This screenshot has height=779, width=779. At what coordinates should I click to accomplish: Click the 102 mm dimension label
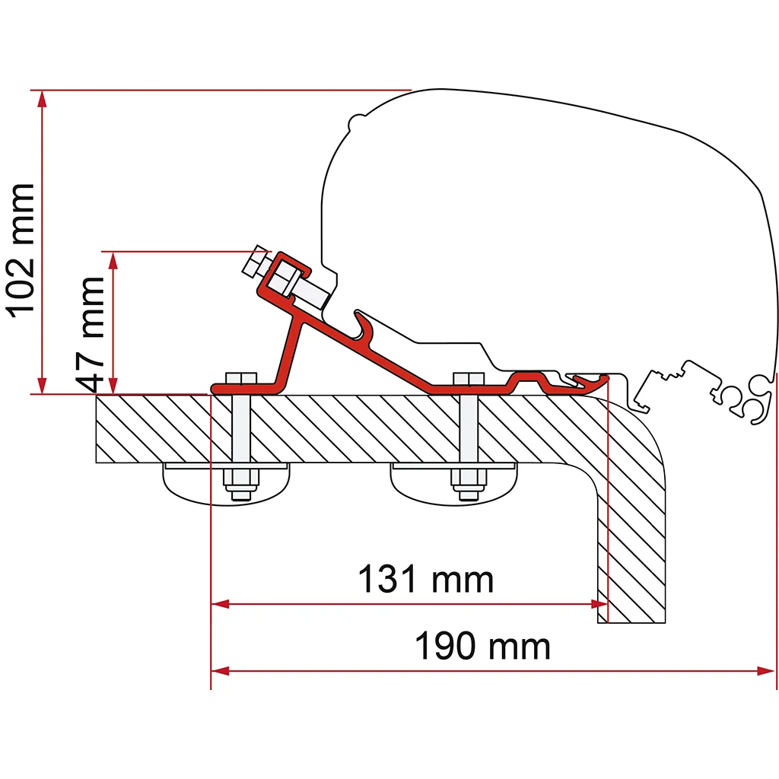coord(20,251)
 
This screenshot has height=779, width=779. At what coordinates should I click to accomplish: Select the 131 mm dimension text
coord(426,579)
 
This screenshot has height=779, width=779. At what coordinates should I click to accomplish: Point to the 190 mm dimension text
coord(482,646)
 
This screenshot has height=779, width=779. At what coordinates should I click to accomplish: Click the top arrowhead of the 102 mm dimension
coord(43,100)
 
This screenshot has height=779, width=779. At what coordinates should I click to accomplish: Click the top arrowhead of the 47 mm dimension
coord(113,260)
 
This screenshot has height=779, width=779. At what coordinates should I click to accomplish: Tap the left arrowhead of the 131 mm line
coord(220,604)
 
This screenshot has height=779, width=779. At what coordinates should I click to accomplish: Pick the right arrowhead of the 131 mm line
coord(599,604)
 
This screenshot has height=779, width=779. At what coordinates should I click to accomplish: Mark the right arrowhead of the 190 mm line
coord(765,671)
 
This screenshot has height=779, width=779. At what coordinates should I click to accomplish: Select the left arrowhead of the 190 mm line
coord(220,671)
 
